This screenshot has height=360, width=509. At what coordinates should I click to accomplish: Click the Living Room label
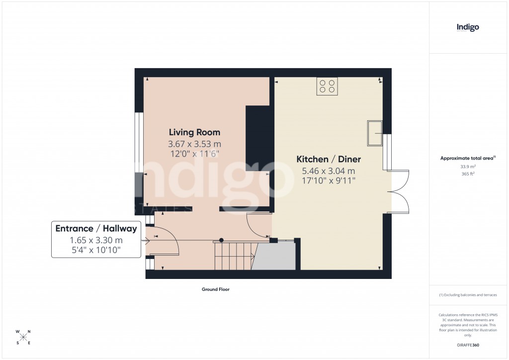(194, 132)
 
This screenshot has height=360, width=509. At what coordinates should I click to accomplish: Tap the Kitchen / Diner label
(329, 159)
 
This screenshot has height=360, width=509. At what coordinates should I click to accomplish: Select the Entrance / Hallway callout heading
(96, 229)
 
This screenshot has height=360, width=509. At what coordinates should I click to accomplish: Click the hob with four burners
(327, 87)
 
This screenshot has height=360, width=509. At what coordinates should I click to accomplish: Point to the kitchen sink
(375, 133)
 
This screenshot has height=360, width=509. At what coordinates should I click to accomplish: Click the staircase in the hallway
(234, 256)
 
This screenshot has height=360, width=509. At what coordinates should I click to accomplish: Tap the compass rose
(23, 337)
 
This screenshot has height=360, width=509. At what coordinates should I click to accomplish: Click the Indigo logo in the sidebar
(468, 27)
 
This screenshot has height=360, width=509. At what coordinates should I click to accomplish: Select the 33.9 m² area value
(468, 167)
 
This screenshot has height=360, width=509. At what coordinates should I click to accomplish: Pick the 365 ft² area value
(468, 174)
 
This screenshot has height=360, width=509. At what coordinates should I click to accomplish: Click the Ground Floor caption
(215, 289)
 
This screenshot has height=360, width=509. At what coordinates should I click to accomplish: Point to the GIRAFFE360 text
(468, 345)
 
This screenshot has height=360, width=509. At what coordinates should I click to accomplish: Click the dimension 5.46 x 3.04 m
(329, 171)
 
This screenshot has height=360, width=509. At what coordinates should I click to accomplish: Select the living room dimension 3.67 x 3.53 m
(194, 144)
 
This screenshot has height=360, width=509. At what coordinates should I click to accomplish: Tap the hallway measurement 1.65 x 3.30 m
(96, 240)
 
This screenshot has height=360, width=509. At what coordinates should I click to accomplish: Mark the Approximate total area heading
(468, 158)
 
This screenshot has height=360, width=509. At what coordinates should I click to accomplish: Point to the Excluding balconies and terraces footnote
(468, 295)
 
